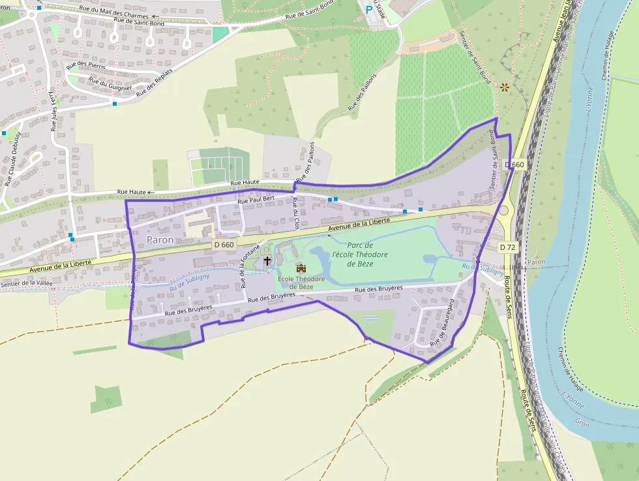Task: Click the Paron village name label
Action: pyautogui.click(x=160, y=240)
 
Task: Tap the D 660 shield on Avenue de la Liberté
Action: pyautogui.click(x=224, y=245)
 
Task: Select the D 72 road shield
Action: pyautogui.click(x=508, y=247)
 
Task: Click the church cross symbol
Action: pyautogui.click(x=267, y=262)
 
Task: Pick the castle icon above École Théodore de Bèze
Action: pyautogui.click(x=301, y=268)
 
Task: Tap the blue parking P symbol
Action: pyautogui.click(x=369, y=10)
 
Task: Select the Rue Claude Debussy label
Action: pyautogui.click(x=12, y=159)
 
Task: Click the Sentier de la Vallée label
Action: pyautogui.click(x=26, y=283)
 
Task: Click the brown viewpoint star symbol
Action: pyautogui.click(x=504, y=86)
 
